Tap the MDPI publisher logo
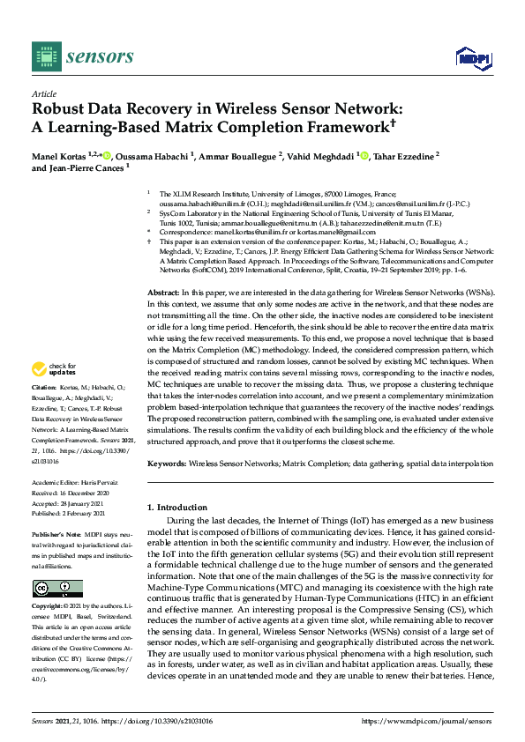point(474,58)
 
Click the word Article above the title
point(43,93)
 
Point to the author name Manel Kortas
point(61,156)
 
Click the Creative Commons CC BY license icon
point(57,589)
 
